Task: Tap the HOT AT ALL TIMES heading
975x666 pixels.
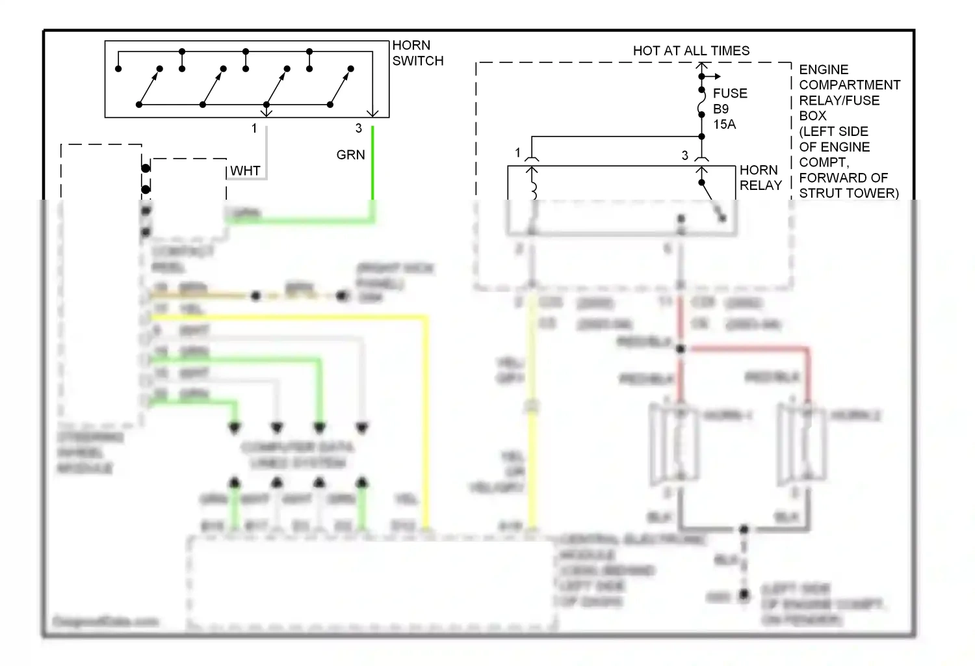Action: pyautogui.click(x=691, y=51)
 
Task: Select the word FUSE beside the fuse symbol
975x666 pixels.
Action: pyautogui.click(x=730, y=94)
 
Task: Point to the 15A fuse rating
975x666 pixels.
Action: pyautogui.click(x=724, y=124)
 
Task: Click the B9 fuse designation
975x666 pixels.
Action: pyautogui.click(x=721, y=109)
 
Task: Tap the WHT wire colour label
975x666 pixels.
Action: pyautogui.click(x=245, y=171)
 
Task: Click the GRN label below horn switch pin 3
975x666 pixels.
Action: pyautogui.click(x=350, y=155)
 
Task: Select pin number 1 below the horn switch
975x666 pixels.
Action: pyautogui.click(x=254, y=129)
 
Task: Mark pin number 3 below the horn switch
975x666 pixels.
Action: pyautogui.click(x=358, y=129)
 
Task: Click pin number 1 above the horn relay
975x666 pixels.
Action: pyautogui.click(x=517, y=153)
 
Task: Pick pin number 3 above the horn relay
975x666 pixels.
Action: pyautogui.click(x=684, y=155)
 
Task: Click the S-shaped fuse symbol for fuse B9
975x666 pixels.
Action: pyautogui.click(x=701, y=103)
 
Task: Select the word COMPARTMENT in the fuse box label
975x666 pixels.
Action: pyautogui.click(x=850, y=85)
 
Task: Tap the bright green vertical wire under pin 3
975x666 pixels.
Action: pyautogui.click(x=372, y=163)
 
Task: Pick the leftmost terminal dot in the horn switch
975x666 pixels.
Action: pyautogui.click(x=118, y=68)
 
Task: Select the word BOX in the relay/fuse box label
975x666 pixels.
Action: pyautogui.click(x=812, y=116)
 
